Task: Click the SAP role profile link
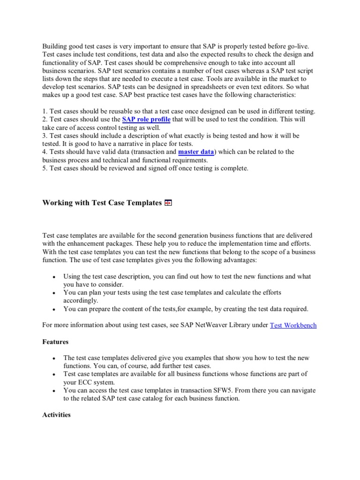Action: [146, 120]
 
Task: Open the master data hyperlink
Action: [196, 152]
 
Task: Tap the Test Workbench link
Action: [293, 325]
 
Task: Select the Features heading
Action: [55, 342]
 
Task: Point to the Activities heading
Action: [56, 415]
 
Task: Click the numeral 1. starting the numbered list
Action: [45, 112]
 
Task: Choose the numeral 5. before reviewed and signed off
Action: [45, 168]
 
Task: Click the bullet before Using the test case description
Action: [55, 277]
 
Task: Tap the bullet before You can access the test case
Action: [55, 390]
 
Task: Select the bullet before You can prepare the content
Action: [55, 309]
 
